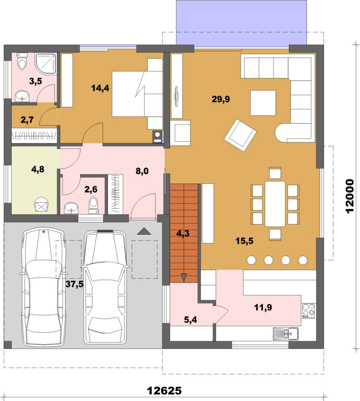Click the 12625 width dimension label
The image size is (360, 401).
[x=164, y=391]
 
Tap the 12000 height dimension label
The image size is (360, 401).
[x=350, y=196]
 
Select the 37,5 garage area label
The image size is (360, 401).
[x=75, y=284]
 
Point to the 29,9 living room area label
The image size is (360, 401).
[x=220, y=99]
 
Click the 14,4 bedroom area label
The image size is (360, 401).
[x=100, y=88]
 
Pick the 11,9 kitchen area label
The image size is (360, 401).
[x=263, y=307]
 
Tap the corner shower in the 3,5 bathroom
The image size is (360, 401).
[x=45, y=64]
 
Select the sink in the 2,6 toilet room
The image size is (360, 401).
[x=71, y=208]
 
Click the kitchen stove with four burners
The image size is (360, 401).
[x=309, y=311]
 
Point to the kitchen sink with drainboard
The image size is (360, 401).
[x=286, y=334]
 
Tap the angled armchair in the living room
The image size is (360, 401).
[x=240, y=135]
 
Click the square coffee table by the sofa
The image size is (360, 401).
[x=263, y=103]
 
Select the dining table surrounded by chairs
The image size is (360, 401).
[x=275, y=204]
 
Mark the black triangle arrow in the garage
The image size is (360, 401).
[x=144, y=231]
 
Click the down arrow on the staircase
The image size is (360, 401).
[x=184, y=277]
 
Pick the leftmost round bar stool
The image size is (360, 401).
[x=252, y=260]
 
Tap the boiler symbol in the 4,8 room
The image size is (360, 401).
[x=41, y=205]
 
